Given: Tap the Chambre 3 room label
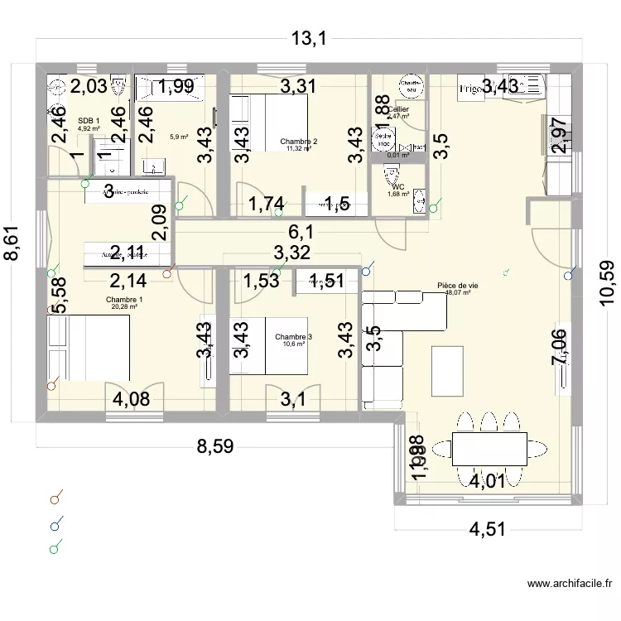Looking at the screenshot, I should tap(294, 337).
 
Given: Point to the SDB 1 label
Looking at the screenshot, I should tap(89, 121).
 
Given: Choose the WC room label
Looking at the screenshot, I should tap(398, 187).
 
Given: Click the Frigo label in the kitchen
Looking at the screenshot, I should tap(471, 88).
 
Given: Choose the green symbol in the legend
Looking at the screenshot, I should tap(55, 547).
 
